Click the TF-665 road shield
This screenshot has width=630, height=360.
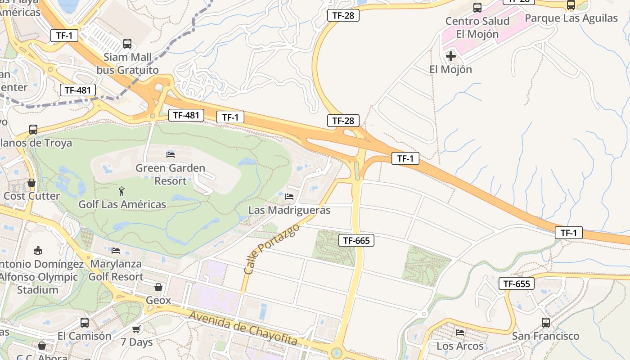[x=356, y=240]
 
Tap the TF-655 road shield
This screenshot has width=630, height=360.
[x=517, y=283]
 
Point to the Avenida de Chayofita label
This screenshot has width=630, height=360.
[x=243, y=328]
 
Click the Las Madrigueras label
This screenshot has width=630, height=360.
[x=289, y=210]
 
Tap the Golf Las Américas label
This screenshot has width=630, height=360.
[x=122, y=204]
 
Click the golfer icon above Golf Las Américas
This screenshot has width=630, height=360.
[x=121, y=191]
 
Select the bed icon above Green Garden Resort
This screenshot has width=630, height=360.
[x=171, y=154]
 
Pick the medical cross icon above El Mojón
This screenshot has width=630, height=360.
[x=450, y=56]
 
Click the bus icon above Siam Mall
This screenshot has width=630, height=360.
[x=127, y=44]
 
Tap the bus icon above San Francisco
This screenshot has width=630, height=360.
[x=546, y=322]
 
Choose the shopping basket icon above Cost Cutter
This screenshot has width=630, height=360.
[x=31, y=183]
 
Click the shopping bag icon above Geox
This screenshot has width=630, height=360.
[x=158, y=287]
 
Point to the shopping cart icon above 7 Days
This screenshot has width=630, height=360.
[x=136, y=329]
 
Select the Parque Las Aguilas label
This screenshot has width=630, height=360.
[x=571, y=18]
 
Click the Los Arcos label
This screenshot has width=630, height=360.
[x=460, y=346]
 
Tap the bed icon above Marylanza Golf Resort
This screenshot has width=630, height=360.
[x=116, y=250]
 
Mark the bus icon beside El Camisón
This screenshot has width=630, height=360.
[x=85, y=322]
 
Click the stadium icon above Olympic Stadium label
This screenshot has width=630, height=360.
[x=38, y=250]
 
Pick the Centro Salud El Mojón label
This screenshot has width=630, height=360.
[x=477, y=27]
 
